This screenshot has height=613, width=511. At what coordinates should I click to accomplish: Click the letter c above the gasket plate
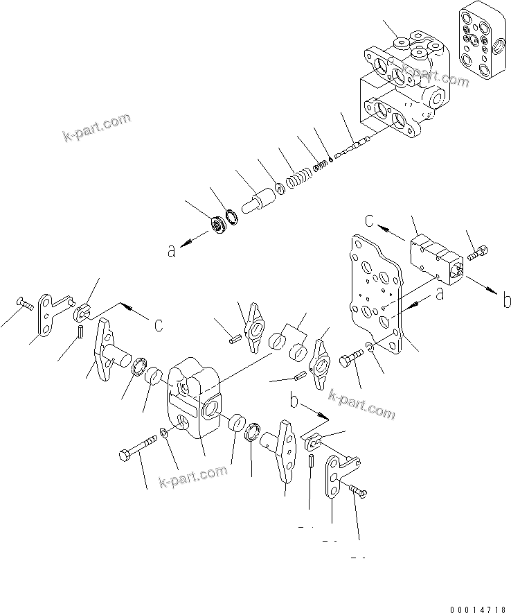370,222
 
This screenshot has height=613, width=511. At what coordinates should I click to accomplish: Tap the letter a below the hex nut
170,252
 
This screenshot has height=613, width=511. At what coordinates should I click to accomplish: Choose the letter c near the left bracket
159,325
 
